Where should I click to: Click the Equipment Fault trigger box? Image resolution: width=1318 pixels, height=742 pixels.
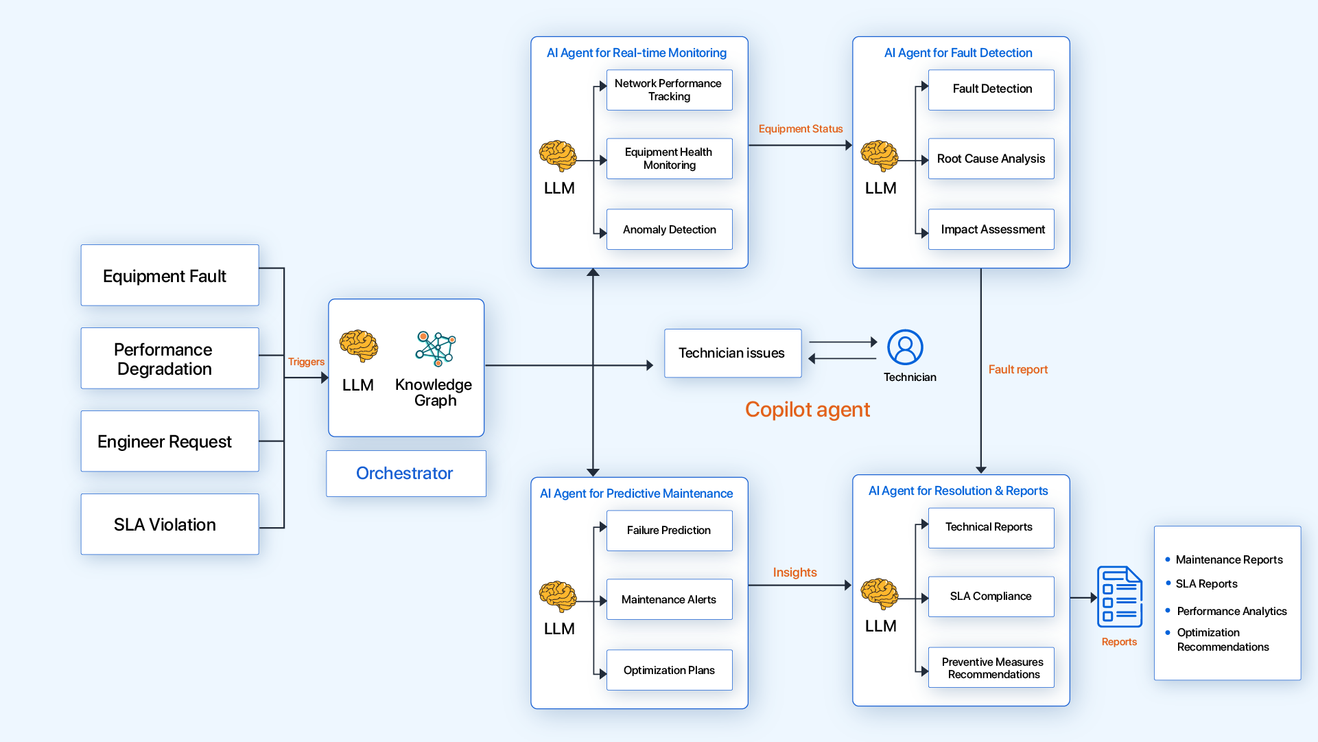[169, 275]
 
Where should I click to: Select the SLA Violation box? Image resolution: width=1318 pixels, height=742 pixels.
[169, 524]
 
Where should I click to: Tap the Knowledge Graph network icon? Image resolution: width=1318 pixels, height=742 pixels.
[435, 348]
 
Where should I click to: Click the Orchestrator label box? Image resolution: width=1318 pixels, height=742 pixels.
[405, 474]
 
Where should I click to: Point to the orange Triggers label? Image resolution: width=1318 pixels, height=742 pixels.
[306, 362]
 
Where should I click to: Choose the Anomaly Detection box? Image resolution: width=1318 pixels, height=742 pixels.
[669, 229]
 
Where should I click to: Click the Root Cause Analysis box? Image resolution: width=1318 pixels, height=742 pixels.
[991, 159]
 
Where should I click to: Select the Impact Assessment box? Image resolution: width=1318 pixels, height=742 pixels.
[991, 229]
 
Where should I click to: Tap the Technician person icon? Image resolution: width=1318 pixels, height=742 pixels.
[905, 347]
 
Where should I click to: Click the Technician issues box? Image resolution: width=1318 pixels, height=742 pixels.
[732, 353]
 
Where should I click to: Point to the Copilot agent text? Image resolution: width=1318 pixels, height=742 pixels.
[807, 410]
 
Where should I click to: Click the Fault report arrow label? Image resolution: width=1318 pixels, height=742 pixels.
[1017, 369]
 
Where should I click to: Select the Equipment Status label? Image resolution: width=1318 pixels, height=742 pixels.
[800, 129]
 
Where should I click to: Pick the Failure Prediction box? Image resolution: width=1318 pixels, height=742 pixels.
[669, 531]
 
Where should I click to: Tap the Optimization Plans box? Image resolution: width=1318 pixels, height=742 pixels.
[669, 670]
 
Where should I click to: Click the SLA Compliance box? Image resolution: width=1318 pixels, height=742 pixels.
[991, 596]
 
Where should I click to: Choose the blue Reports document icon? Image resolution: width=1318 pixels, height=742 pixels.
[1119, 596]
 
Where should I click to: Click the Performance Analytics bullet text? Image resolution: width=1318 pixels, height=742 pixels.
[1232, 611]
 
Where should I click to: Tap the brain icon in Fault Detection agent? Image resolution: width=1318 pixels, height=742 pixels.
[880, 156]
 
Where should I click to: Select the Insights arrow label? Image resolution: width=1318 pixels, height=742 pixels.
[795, 572]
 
